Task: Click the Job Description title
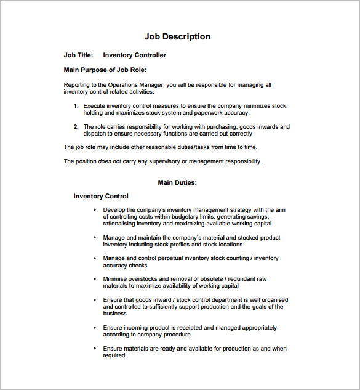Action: click(x=177, y=36)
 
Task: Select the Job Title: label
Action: click(x=78, y=55)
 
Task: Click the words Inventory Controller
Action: click(x=134, y=55)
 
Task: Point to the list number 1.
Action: click(x=76, y=106)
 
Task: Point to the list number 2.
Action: click(x=76, y=127)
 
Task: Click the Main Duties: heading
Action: click(x=177, y=182)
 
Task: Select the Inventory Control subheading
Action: click(x=101, y=197)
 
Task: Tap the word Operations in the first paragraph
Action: click(x=125, y=85)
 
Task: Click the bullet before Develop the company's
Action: click(x=95, y=210)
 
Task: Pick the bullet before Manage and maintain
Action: click(x=95, y=238)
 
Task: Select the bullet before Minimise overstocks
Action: click(x=95, y=279)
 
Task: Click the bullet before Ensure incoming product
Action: click(x=95, y=328)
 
